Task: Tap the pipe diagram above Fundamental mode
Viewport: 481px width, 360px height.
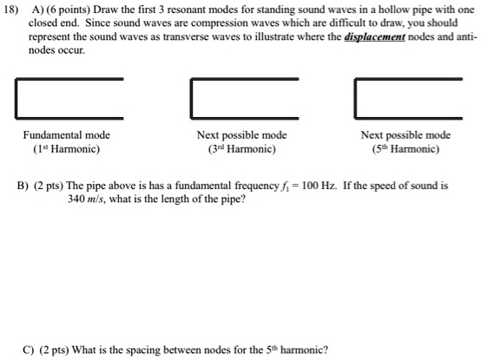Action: pos(69,98)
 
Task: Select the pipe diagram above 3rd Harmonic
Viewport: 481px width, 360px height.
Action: pos(245,98)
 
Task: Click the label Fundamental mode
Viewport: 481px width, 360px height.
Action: pos(66,135)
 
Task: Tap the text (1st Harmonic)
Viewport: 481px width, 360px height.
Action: pos(66,149)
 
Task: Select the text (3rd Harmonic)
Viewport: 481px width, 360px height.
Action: pos(241,149)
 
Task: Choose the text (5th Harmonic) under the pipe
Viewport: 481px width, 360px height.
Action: pos(406,149)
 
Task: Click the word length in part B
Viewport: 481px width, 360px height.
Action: pos(190,200)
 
